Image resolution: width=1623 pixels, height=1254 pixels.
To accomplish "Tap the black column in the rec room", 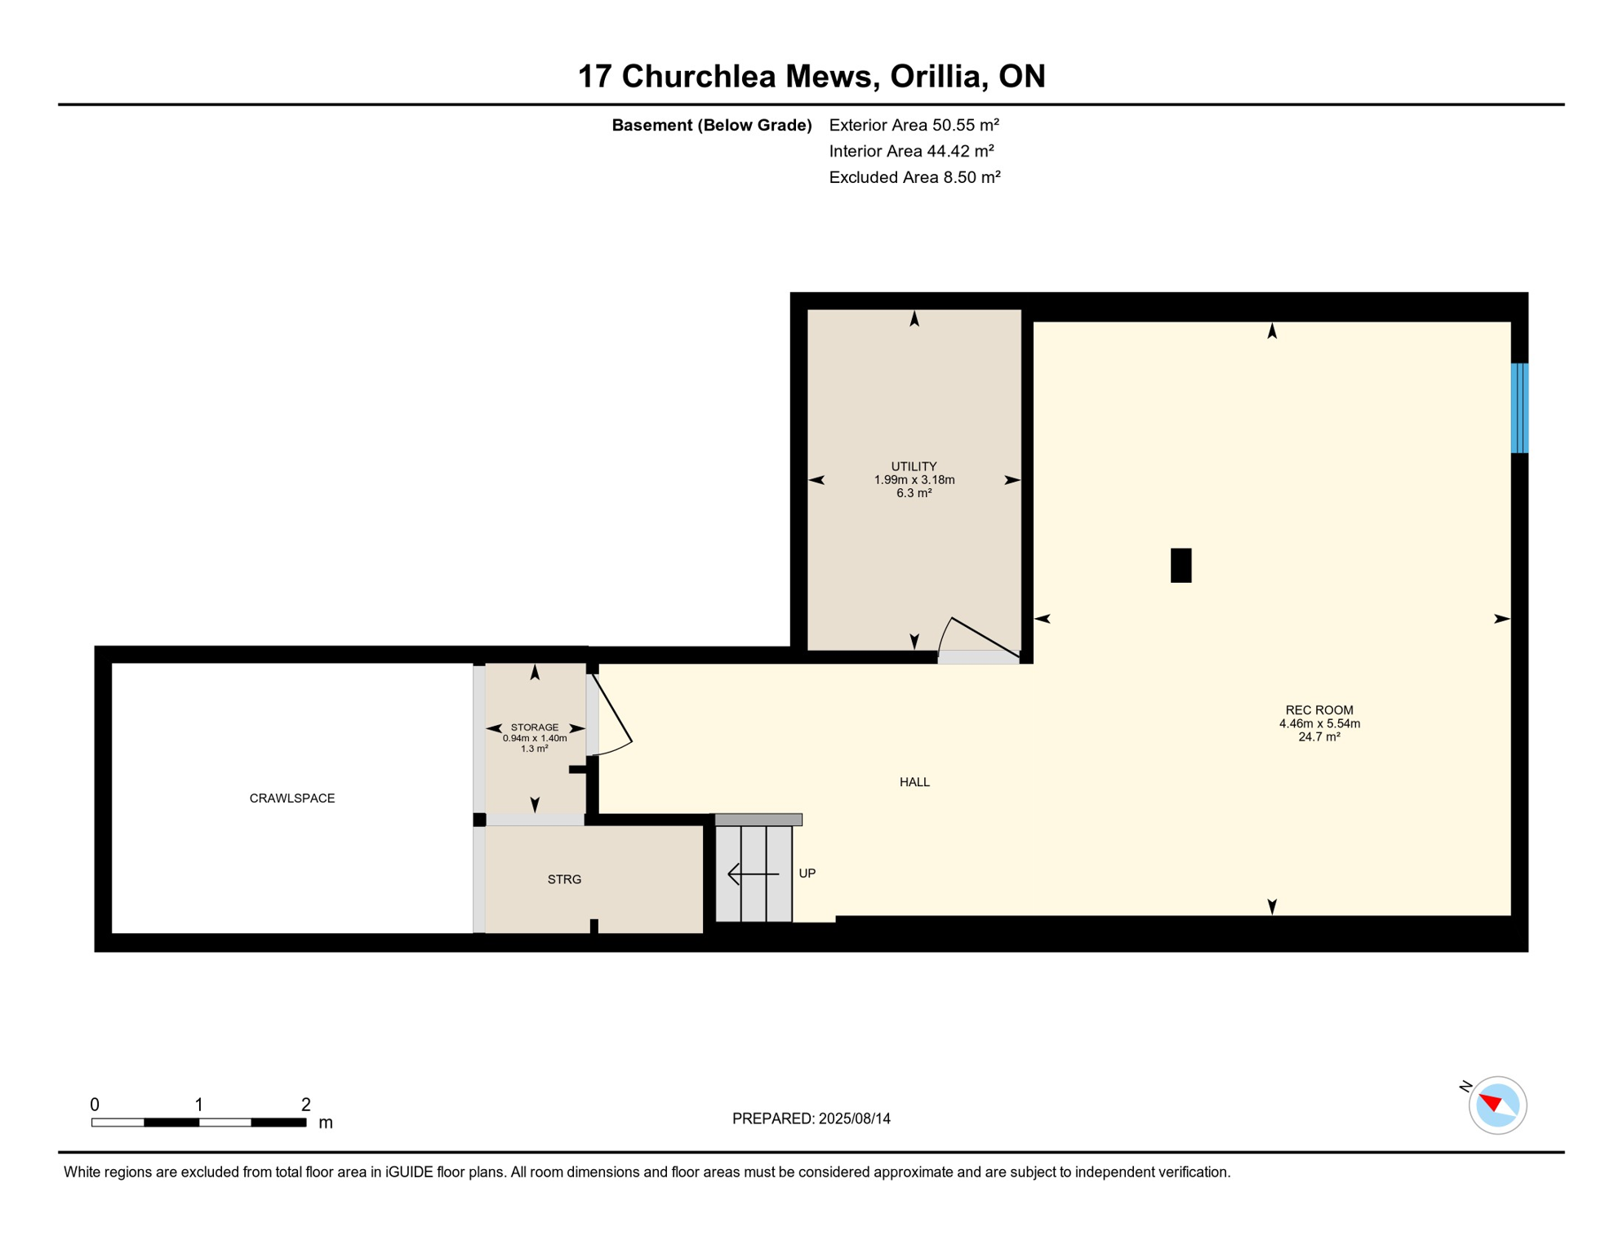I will pyautogui.click(x=1181, y=565).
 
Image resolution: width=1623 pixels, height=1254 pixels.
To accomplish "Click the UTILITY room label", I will pyautogui.click(x=914, y=467).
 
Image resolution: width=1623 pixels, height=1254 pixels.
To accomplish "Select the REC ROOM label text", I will pyautogui.click(x=1318, y=710).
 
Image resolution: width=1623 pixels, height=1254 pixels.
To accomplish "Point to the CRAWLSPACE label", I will pyautogui.click(x=291, y=798).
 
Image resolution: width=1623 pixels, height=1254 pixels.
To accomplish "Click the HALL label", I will pyautogui.click(x=914, y=782).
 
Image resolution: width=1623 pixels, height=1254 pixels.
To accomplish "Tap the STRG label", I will pyautogui.click(x=564, y=879).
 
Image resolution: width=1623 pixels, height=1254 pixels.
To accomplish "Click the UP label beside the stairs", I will pyautogui.click(x=807, y=874).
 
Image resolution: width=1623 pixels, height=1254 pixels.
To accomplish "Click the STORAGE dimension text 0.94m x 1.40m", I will pyautogui.click(x=534, y=738).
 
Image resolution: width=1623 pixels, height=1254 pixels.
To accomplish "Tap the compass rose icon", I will pyautogui.click(x=1497, y=1105).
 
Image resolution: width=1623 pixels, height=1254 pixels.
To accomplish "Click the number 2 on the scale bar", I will pyautogui.click(x=305, y=1105).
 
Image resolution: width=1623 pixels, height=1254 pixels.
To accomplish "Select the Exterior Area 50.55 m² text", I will pyautogui.click(x=914, y=125).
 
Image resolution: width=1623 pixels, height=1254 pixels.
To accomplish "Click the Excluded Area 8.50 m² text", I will pyautogui.click(x=914, y=177).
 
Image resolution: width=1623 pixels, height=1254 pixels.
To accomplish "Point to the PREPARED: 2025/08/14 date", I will pyautogui.click(x=811, y=1118).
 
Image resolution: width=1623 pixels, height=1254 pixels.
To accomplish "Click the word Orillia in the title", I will pyautogui.click(x=935, y=76).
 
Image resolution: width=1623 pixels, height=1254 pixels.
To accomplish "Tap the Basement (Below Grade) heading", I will pyautogui.click(x=711, y=125).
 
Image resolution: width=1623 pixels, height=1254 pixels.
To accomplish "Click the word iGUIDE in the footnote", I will pyautogui.click(x=408, y=1172).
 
